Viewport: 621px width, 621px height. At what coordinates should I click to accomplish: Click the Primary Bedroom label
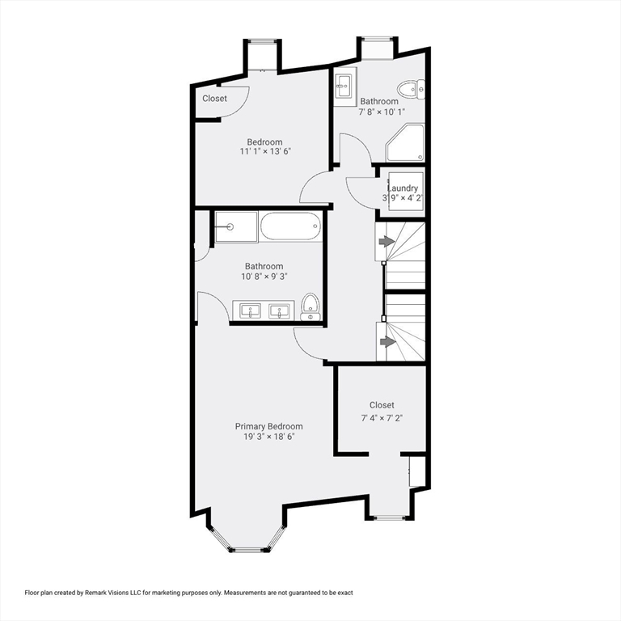pyautogui.click(x=268, y=426)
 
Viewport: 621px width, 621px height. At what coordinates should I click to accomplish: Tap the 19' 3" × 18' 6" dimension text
pyautogui.click(x=268, y=437)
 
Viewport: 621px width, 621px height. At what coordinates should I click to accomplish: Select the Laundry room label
pyautogui.click(x=402, y=188)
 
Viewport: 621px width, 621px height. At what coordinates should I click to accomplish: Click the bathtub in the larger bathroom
pyautogui.click(x=290, y=226)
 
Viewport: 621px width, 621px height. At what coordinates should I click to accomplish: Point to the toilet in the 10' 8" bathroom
pyautogui.click(x=310, y=307)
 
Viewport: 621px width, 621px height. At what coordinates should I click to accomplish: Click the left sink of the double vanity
pyautogui.click(x=250, y=310)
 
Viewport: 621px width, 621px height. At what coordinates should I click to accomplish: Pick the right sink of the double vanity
pyautogui.click(x=281, y=310)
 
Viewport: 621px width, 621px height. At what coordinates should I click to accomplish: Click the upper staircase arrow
pyautogui.click(x=387, y=242)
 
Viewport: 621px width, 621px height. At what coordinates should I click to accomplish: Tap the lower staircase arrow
pyautogui.click(x=387, y=341)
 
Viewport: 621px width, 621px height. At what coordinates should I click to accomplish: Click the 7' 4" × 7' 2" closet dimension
pyautogui.click(x=382, y=418)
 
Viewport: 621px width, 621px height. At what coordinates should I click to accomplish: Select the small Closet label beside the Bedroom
pyautogui.click(x=214, y=99)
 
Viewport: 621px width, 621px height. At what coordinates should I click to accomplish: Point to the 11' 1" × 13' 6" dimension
pyautogui.click(x=264, y=151)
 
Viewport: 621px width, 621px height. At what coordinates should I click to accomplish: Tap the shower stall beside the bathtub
pyautogui.click(x=235, y=226)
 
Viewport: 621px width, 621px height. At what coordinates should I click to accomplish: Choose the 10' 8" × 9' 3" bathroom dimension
pyautogui.click(x=264, y=277)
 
